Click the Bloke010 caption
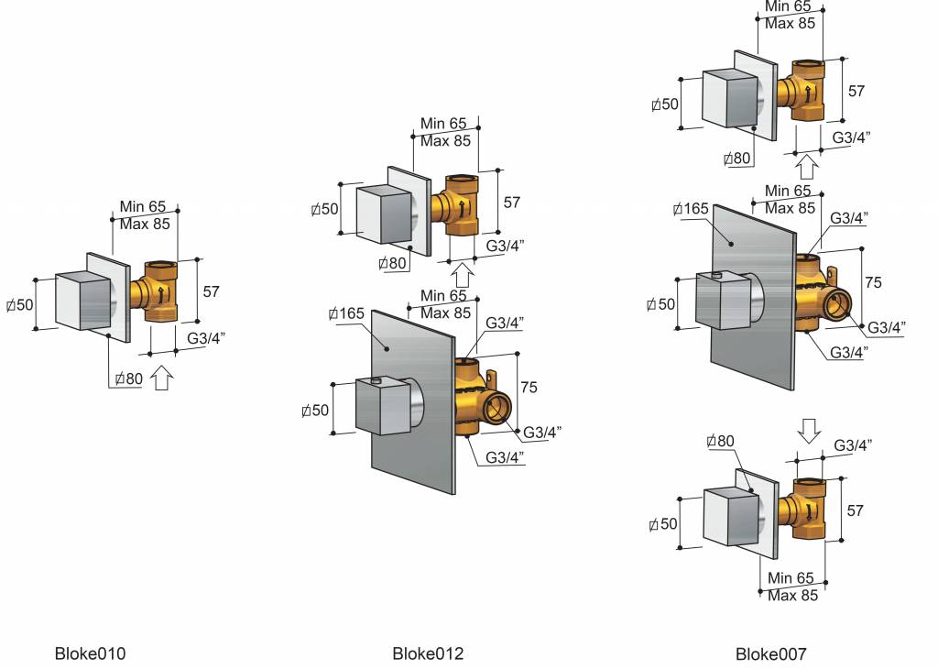(90, 653)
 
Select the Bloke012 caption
(428, 653)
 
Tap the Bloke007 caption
(770, 653)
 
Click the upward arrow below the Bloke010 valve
(161, 378)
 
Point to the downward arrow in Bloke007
(807, 428)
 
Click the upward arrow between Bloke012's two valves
(462, 274)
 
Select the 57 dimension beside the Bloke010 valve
(212, 291)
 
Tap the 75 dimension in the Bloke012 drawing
(529, 388)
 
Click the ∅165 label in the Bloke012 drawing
(346, 314)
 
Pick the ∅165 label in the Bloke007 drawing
(690, 209)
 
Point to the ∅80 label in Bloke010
(127, 378)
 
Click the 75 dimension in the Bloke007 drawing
(873, 283)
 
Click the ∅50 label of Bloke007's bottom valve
(663, 524)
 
